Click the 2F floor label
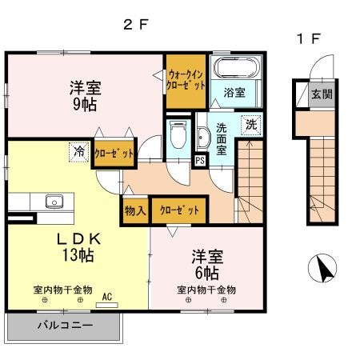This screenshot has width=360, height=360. pos(137,24)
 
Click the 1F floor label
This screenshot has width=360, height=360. pos(310,38)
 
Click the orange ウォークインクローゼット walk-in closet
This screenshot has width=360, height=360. pos(186,80)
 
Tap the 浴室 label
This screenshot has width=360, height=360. pos(234,93)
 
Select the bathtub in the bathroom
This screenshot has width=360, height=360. pos(235,69)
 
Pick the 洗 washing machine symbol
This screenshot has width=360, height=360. pos(250,125)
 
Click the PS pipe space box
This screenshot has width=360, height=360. pos(200,160)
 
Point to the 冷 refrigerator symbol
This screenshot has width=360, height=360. pos(79,151)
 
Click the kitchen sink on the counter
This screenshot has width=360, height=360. pos(54,201)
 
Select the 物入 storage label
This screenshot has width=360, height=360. pos(134,210)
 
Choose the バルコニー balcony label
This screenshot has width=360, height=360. pos(64,326)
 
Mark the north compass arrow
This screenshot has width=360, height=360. pos(324,269)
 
